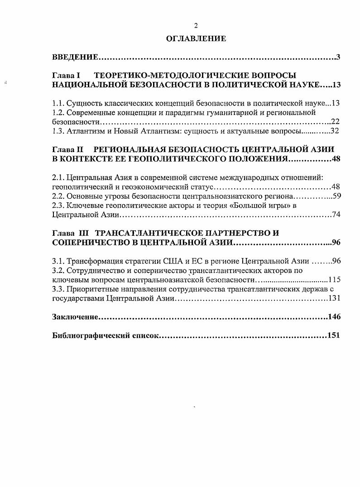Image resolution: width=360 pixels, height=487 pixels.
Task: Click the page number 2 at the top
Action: pyautogui.click(x=196, y=26)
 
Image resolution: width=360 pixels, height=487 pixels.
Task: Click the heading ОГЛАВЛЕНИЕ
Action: pyautogui.click(x=196, y=39)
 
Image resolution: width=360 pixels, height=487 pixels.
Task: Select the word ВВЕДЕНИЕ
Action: pyautogui.click(x=75, y=57)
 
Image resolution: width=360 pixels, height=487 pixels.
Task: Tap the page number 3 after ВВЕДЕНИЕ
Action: pyautogui.click(x=338, y=57)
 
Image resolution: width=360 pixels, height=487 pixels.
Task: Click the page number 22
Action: pyautogui.click(x=336, y=122)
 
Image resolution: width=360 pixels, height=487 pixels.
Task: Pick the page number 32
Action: pyautogui.click(x=336, y=131)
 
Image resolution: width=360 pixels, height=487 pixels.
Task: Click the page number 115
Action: pyautogui.click(x=334, y=280)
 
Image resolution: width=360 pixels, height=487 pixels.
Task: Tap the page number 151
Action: pyautogui.click(x=334, y=335)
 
